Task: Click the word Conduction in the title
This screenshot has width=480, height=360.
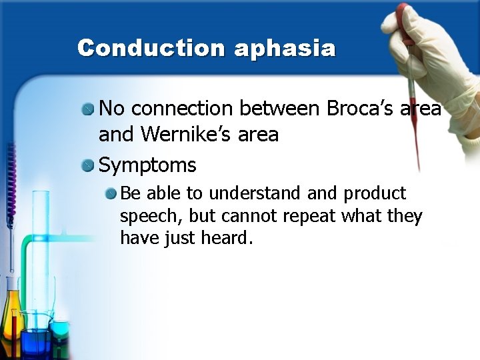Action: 151,48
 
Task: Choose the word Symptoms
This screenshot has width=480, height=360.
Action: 147,165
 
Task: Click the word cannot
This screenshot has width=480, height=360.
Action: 249,217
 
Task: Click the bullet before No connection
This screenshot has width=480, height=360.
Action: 87,108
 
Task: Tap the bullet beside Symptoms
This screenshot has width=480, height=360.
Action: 87,165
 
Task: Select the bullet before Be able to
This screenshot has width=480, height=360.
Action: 111,193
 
